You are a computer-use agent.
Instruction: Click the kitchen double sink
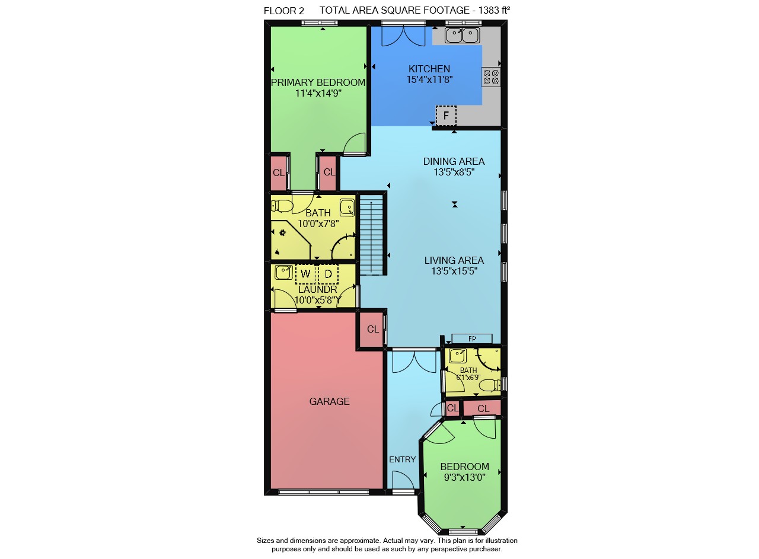coord(462,35)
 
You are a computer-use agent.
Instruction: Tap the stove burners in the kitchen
coord(490,77)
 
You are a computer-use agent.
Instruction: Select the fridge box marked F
coord(446,116)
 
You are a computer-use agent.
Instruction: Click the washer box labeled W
coord(305,274)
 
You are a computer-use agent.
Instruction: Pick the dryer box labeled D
coord(328,274)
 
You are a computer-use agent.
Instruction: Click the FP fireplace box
coord(471,338)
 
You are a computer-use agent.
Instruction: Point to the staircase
coord(371,235)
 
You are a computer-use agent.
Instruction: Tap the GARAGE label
coord(329,401)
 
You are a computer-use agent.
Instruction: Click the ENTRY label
coord(402,459)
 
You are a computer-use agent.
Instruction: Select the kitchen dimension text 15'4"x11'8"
coord(429,79)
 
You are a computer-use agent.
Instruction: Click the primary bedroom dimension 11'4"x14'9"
coord(318,93)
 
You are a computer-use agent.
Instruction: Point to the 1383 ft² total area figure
coord(495,10)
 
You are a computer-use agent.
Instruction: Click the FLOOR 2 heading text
coord(283,11)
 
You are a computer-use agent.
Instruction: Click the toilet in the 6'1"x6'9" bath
coord(490,385)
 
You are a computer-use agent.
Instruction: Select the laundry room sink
coord(283,272)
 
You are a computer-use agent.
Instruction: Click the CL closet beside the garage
coord(372,329)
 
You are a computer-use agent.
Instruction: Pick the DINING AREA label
coord(454,161)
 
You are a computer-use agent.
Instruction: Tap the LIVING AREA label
coord(454,260)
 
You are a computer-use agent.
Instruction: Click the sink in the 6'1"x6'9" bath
coord(457,356)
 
